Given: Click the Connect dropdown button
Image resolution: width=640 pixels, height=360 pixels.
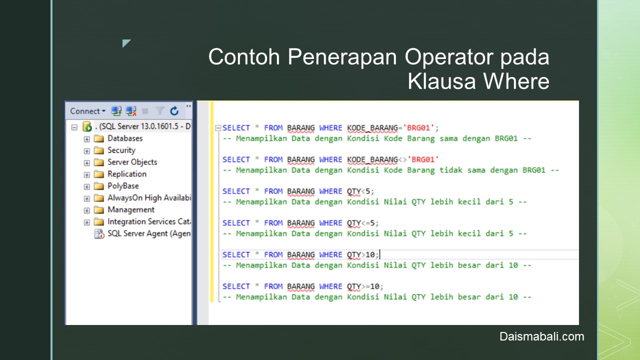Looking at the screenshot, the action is click(x=87, y=111).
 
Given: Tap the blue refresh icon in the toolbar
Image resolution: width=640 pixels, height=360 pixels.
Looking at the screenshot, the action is click(x=174, y=111).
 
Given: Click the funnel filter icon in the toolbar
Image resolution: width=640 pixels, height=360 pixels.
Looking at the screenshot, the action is click(x=159, y=110).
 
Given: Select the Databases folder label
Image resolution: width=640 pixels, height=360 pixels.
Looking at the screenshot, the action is click(x=125, y=138).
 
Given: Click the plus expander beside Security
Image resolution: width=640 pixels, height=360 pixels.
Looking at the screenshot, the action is click(x=87, y=151).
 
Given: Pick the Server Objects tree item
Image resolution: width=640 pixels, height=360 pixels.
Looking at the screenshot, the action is click(x=132, y=162).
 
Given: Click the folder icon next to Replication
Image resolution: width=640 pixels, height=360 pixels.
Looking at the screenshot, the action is click(x=99, y=174).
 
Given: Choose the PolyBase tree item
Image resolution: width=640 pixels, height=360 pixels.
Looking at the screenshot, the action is click(x=123, y=186).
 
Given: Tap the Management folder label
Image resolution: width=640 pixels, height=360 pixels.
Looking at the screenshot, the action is click(x=131, y=209).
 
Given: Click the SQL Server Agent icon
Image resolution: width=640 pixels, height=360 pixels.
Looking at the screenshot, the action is click(x=99, y=233).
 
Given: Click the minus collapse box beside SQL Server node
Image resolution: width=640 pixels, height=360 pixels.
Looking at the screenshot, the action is click(x=74, y=127).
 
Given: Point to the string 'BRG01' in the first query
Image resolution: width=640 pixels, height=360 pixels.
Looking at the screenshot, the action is click(x=418, y=127).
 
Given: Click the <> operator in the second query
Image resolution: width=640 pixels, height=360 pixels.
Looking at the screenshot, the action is click(x=402, y=159).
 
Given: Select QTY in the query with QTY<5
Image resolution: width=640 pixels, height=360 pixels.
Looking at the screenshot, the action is click(x=353, y=191).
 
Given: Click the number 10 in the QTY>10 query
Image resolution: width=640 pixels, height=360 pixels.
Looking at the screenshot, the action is click(x=370, y=254).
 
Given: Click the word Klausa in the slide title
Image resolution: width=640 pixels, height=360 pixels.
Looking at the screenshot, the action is click(x=441, y=81).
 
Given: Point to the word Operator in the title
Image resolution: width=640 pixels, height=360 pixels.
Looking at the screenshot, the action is click(x=449, y=57).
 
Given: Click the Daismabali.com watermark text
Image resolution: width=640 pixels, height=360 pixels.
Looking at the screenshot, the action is click(x=541, y=336).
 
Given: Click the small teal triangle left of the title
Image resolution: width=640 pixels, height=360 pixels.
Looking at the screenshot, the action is click(x=125, y=42).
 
